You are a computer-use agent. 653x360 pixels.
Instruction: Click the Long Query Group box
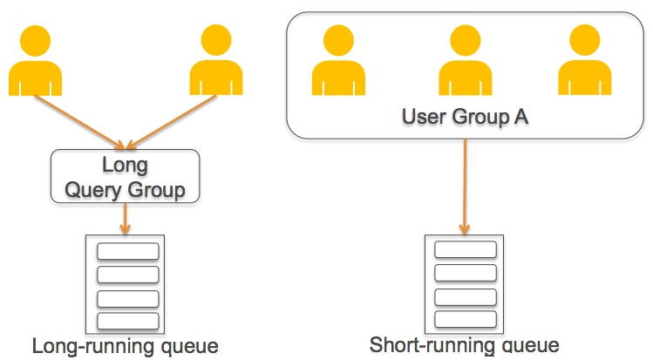126,177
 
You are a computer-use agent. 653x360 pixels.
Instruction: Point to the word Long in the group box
126,165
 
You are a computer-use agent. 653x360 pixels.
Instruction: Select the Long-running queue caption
125,346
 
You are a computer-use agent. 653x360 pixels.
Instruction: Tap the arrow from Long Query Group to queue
126,219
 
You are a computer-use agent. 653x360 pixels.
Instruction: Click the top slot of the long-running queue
127,252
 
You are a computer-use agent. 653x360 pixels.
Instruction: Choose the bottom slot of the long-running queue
127,320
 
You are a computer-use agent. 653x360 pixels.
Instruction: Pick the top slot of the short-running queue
465,250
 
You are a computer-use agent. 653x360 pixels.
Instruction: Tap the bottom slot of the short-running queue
465,318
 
